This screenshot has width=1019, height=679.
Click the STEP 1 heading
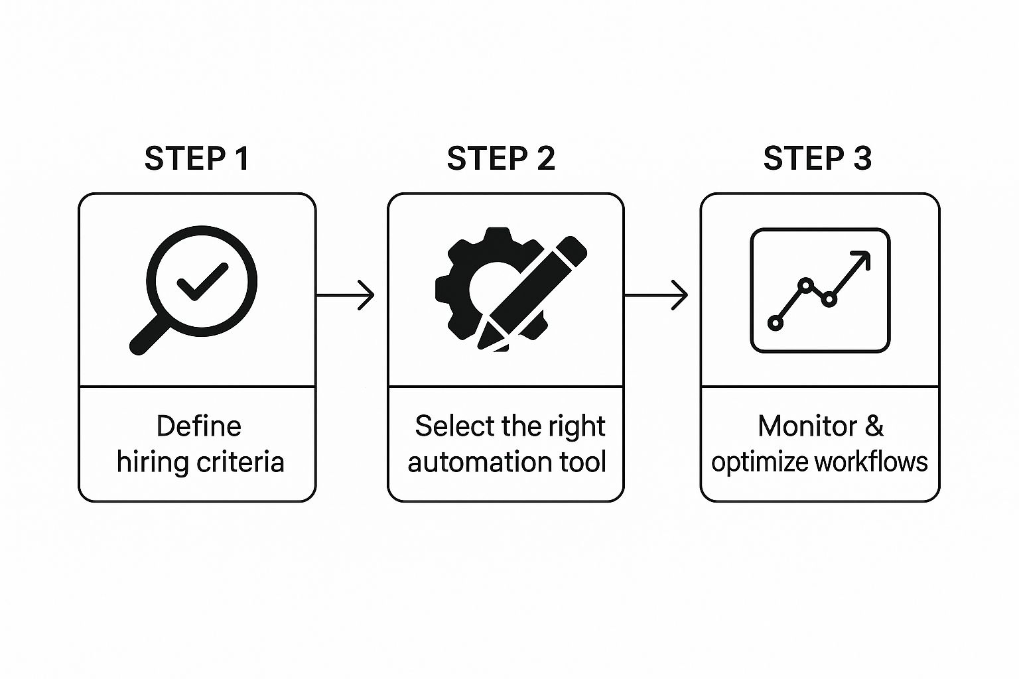[197, 158]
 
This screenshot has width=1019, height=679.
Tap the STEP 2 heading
[501, 158]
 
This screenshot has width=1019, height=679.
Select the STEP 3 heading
[817, 158]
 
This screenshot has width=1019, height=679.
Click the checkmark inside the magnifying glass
[202, 282]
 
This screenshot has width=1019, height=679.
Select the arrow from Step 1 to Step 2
[345, 295]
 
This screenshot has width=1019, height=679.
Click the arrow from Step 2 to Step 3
[655, 295]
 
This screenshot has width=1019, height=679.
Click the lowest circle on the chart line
[775, 324]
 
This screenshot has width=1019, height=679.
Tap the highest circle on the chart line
[805, 285]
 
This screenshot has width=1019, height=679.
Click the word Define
[199, 426]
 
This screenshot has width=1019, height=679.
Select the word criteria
[241, 462]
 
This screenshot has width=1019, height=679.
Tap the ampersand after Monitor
[874, 426]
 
